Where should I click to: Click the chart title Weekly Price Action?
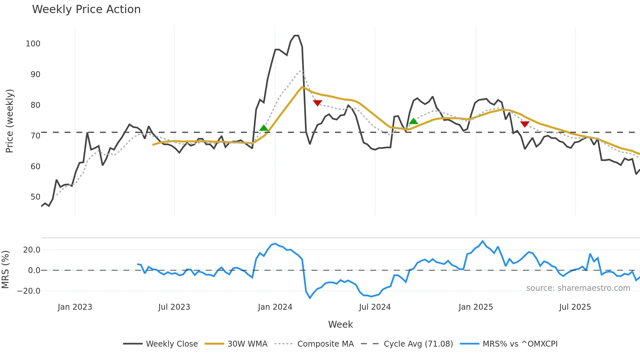(86, 9)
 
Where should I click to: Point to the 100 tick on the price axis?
(33, 44)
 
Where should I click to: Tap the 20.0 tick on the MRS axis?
(32, 250)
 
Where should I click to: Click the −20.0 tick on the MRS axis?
(29, 291)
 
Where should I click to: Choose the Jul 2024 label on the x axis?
(375, 307)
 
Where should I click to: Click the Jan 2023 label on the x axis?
(75, 307)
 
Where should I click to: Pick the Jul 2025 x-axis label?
(575, 307)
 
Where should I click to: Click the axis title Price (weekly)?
(10, 121)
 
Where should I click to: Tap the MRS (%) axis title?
(5, 270)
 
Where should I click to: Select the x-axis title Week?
(340, 324)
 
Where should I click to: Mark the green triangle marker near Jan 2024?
(264, 128)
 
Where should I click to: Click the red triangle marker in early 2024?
(317, 103)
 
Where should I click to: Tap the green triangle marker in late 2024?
(413, 121)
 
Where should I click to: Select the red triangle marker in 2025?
(525, 124)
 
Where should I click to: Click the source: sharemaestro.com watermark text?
(578, 288)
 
